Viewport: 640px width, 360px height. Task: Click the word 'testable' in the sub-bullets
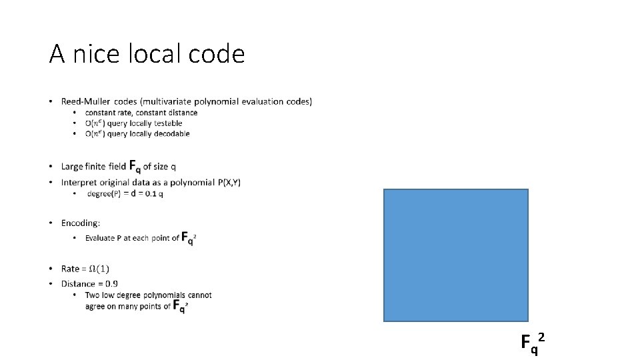pos(166,123)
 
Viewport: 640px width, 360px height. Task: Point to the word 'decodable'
pos(170,133)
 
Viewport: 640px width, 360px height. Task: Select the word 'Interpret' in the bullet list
pos(80,182)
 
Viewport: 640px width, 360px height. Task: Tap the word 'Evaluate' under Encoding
pos(102,238)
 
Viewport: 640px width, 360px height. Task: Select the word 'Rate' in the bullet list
pos(70,269)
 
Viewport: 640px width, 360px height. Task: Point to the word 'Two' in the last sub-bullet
pos(93,295)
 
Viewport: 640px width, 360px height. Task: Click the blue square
pos(456,255)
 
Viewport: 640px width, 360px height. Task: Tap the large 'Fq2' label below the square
pos(533,342)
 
